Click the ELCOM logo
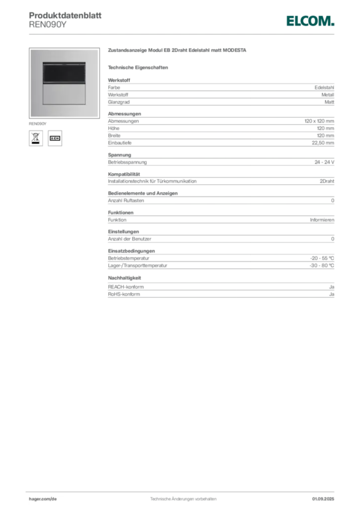[x=310, y=21]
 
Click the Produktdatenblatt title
[x=65, y=15]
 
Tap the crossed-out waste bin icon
[x=36, y=138]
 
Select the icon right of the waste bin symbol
[x=55, y=138]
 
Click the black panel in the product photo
[x=64, y=73]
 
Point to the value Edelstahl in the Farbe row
[x=324, y=87]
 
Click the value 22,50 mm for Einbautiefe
[x=323, y=143]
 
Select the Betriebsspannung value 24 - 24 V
[x=324, y=162]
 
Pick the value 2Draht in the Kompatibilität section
[x=327, y=181]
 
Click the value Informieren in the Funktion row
[x=322, y=220]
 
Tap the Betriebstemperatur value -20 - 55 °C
[x=322, y=258]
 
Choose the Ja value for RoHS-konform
[x=332, y=294]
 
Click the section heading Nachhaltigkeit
[x=124, y=278]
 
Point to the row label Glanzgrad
[x=119, y=102]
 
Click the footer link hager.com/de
[x=43, y=499]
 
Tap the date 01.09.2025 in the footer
[x=323, y=499]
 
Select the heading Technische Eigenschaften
[x=138, y=68]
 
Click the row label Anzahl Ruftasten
[x=126, y=201]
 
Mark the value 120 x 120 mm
[x=319, y=121]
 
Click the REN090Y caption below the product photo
[x=38, y=124]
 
